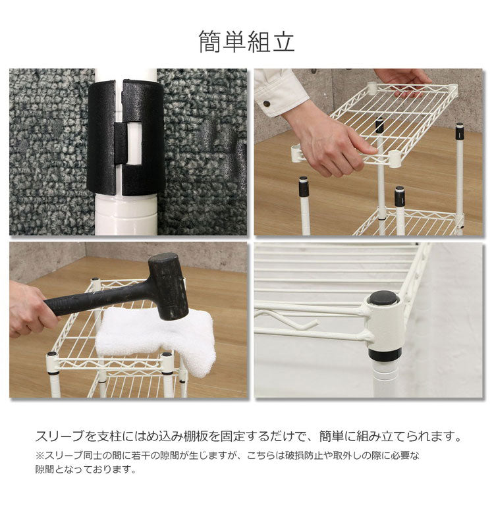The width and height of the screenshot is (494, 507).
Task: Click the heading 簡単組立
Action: click(246, 41)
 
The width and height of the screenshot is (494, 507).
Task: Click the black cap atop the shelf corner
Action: click(383, 298)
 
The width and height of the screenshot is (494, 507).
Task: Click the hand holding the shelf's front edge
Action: click(329, 142)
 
